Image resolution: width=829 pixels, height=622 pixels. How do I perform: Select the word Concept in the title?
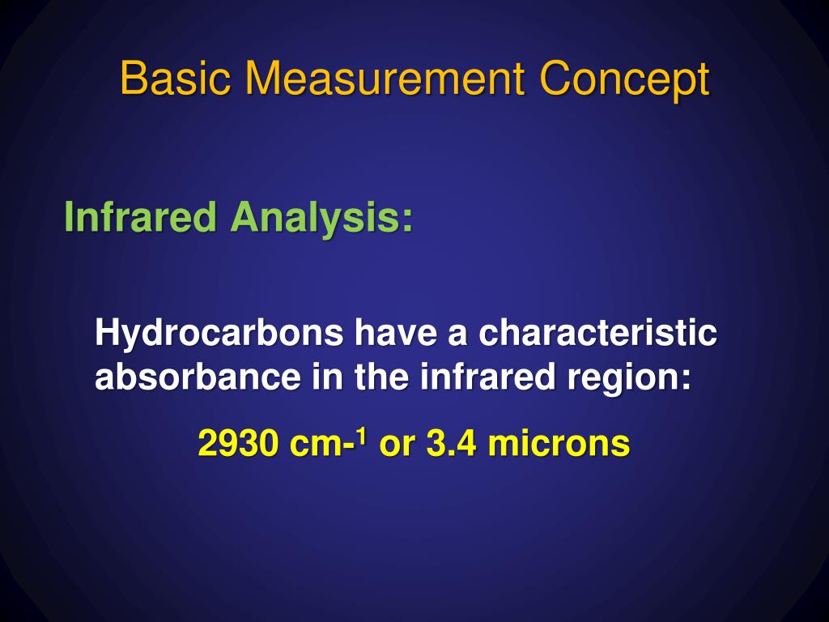625,80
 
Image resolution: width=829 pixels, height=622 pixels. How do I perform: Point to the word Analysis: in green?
321,219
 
